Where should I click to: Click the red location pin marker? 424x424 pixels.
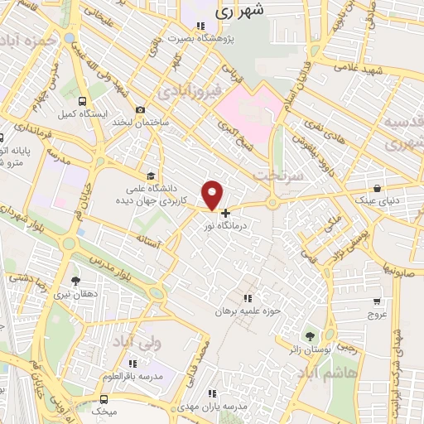coord(214,194)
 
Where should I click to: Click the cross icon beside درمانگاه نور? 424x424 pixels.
coord(225,213)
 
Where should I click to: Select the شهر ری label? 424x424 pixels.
coord(238,12)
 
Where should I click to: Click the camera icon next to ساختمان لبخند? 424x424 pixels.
coord(140,109)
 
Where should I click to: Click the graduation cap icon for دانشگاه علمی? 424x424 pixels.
coord(150,176)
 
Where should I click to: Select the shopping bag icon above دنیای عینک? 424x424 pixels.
coord(377,188)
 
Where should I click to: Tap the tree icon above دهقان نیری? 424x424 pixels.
coord(76,281)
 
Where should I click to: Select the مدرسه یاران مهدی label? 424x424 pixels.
coord(237,406)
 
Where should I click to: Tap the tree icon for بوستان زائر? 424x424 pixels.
coord(310,336)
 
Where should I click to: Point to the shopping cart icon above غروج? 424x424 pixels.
coord(377,301)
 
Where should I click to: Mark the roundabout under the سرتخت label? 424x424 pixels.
coord(272,204)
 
